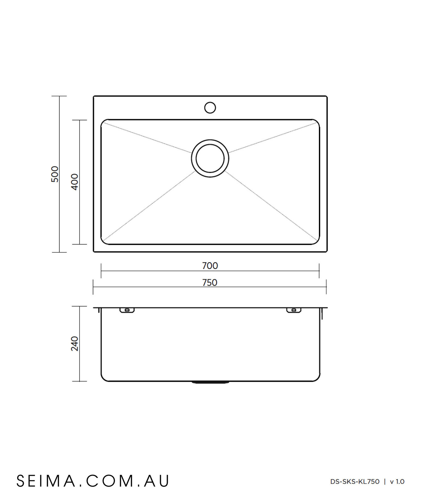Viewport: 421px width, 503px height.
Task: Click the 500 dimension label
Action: [x=55, y=174]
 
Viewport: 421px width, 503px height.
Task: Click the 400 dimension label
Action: [x=74, y=182]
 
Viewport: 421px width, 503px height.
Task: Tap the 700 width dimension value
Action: [x=210, y=266]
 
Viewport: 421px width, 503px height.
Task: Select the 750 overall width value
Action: [x=210, y=282]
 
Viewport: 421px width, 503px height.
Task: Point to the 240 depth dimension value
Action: [x=74, y=343]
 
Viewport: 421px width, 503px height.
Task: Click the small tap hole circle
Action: [x=210, y=108]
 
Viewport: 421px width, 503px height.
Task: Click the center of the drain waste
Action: [x=210, y=158]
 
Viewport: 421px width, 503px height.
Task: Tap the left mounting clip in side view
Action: [x=127, y=310]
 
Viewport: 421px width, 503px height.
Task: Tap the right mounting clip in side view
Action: [x=294, y=310]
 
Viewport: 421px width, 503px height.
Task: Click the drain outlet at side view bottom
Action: [x=210, y=382]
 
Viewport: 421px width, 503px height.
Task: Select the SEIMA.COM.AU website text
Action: [x=93, y=481]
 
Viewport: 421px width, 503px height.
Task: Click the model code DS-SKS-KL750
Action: [x=355, y=482]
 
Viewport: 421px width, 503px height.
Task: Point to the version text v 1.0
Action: [x=397, y=482]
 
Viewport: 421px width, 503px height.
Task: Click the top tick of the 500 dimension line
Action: [x=59, y=96]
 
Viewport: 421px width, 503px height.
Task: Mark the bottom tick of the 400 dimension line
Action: [x=79, y=244]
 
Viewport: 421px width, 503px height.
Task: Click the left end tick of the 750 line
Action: [x=93, y=287]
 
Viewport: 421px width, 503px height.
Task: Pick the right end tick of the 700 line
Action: [x=319, y=271]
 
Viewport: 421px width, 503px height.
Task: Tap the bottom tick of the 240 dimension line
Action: [x=79, y=381]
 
